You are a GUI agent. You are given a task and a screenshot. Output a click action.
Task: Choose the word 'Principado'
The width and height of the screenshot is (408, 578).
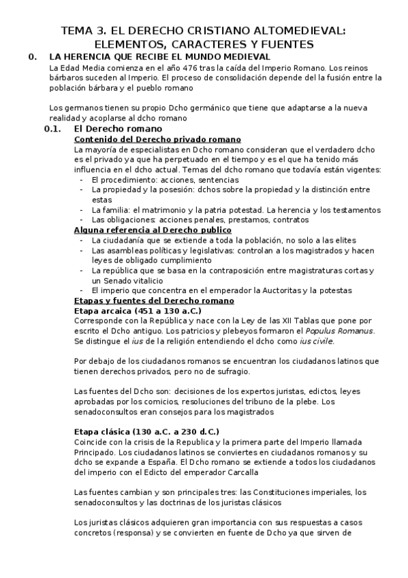(x=97, y=452)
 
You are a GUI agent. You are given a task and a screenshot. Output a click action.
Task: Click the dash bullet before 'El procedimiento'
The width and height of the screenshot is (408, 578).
(x=82, y=179)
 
